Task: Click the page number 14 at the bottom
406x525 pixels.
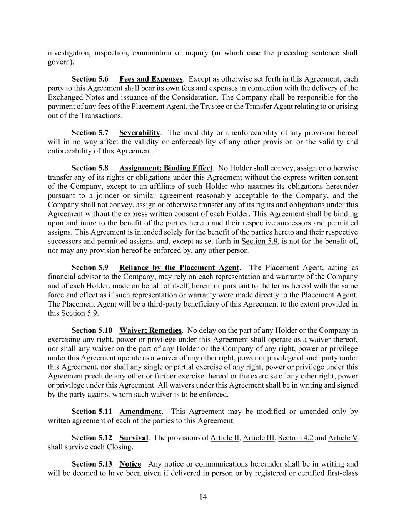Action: [x=203, y=497]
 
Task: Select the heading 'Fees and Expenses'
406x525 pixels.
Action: [x=151, y=79]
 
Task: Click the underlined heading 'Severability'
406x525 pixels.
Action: [x=140, y=133]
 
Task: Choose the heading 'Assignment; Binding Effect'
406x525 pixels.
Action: [x=166, y=168]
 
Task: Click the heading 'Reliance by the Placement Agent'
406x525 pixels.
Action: [x=179, y=267]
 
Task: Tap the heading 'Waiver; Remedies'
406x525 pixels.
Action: [x=150, y=330]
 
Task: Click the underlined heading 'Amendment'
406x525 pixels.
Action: [x=140, y=412]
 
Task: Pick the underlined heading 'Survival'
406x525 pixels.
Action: [x=134, y=438]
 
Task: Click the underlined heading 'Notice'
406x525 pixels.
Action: [x=130, y=464]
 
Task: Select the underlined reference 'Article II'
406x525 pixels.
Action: [x=225, y=438]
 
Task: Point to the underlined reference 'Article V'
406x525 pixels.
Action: [x=343, y=438]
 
